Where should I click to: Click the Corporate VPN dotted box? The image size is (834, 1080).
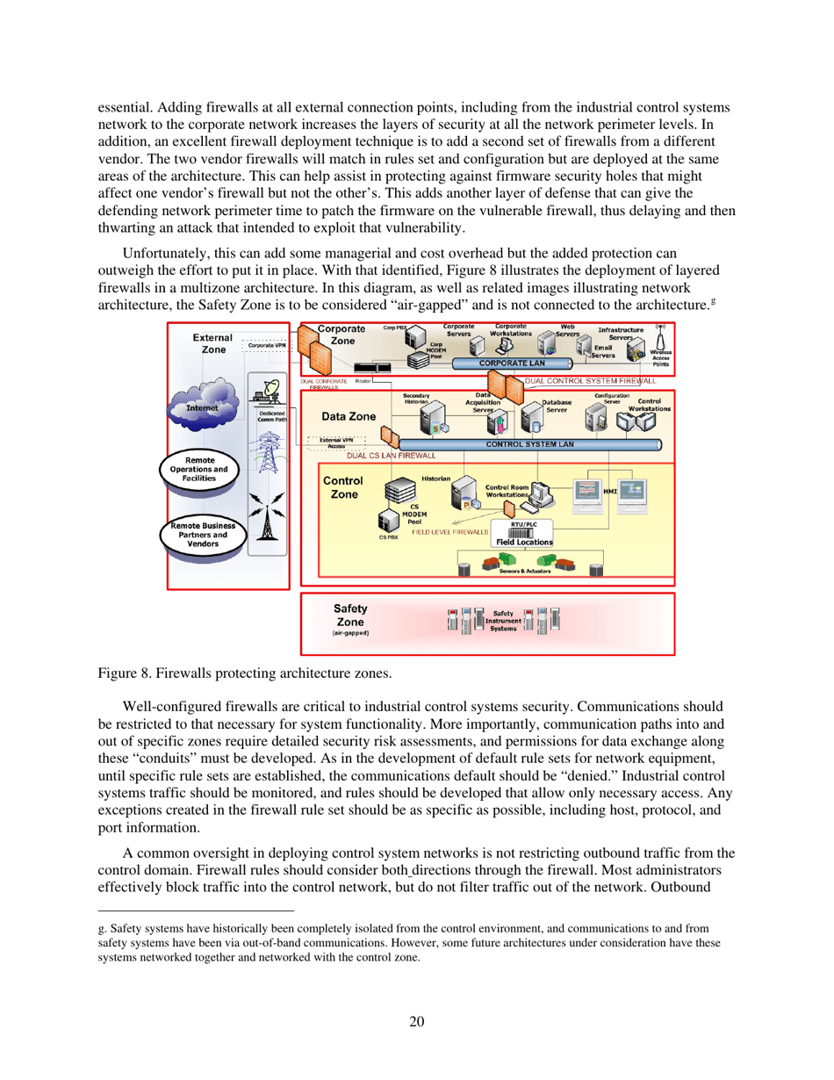pos(267,346)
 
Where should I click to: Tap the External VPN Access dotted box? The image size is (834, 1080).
pos(331,443)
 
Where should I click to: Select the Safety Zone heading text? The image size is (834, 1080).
pos(350,614)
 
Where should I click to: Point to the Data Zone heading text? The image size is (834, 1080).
pos(349,415)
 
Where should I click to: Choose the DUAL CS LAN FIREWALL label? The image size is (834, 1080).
pos(390,457)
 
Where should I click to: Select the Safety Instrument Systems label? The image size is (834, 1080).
pos(504,621)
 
